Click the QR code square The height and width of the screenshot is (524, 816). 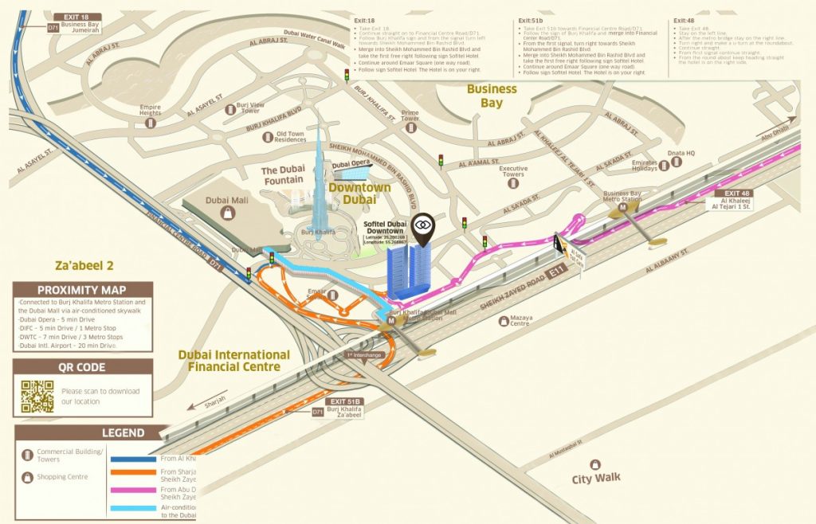point(37,396)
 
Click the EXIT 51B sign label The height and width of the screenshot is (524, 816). point(343,402)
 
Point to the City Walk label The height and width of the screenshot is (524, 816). point(596,479)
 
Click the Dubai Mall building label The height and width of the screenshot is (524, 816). point(228,200)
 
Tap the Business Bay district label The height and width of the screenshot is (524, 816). point(492,96)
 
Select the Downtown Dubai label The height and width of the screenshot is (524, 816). point(360,194)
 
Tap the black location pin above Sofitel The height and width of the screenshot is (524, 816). point(426,225)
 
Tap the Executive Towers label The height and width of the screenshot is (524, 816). point(513,172)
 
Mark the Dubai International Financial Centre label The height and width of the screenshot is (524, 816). point(233,361)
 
